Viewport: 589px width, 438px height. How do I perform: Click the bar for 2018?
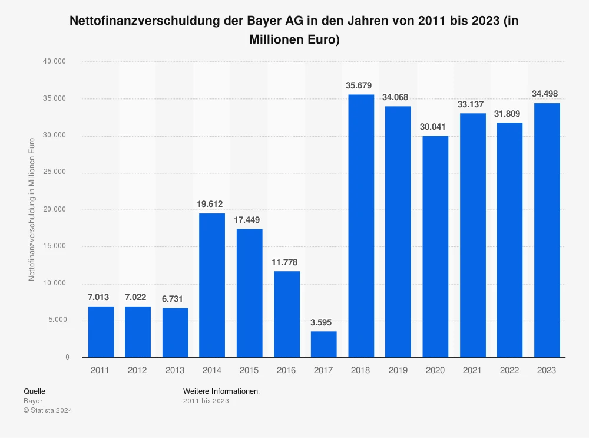click(x=361, y=226)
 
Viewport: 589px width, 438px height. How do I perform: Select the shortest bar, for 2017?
click(x=323, y=344)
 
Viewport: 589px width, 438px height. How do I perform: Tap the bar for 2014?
click(x=212, y=285)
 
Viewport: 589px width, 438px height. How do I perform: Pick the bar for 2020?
click(x=435, y=246)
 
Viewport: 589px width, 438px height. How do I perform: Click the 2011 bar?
click(x=101, y=332)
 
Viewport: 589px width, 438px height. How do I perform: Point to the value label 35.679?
click(x=359, y=85)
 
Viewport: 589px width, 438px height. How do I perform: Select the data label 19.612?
click(x=210, y=204)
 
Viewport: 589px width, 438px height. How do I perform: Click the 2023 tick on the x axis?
click(x=547, y=370)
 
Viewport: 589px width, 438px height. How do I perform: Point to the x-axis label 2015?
click(x=249, y=370)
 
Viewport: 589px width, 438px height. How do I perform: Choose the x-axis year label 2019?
click(x=398, y=370)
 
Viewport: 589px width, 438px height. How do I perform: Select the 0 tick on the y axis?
click(x=67, y=357)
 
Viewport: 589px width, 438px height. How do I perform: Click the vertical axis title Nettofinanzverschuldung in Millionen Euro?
click(x=32, y=209)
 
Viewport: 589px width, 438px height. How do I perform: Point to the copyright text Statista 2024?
click(x=48, y=410)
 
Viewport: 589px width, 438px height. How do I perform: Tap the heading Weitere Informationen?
click(x=221, y=391)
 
